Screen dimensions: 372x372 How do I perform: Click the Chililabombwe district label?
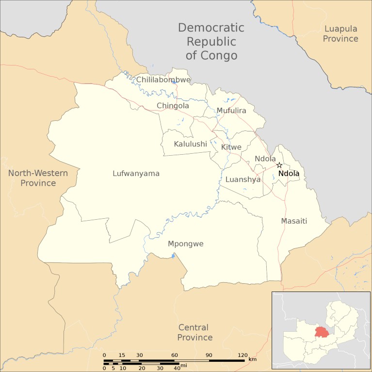(x=163, y=80)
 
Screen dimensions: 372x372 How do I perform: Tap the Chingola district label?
(x=173, y=106)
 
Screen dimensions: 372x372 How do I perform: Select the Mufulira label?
(x=231, y=111)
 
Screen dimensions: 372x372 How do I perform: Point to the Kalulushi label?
(x=191, y=144)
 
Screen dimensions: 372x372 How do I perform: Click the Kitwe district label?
(x=231, y=147)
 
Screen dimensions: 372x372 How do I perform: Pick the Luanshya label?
(x=243, y=179)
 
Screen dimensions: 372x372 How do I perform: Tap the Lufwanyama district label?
(x=136, y=173)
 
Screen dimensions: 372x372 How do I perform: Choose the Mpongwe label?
(x=185, y=243)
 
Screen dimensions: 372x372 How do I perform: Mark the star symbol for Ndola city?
(x=279, y=165)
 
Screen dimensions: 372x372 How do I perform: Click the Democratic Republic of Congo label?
(x=211, y=41)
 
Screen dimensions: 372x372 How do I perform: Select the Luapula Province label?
(x=340, y=34)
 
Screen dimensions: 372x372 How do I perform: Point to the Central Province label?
(x=194, y=332)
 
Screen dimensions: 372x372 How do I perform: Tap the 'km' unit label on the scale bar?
(x=252, y=359)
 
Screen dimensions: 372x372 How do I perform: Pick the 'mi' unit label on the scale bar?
(x=183, y=365)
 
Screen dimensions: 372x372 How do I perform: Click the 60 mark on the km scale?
(x=174, y=356)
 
